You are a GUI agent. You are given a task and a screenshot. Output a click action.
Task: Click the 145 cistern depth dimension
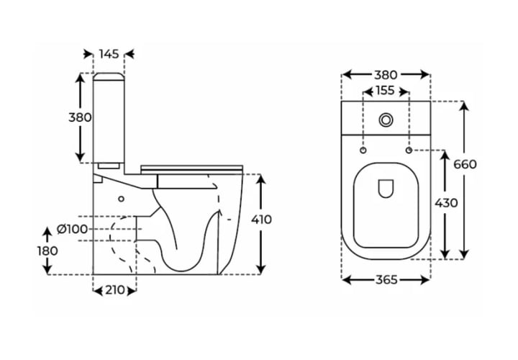tap(109, 53)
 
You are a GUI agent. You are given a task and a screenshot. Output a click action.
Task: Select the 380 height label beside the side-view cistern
tap(80, 117)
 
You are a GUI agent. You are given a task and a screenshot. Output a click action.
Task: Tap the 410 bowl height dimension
tap(261, 220)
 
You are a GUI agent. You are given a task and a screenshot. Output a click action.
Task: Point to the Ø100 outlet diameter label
tap(73, 229)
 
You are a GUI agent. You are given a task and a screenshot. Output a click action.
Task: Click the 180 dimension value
tap(47, 251)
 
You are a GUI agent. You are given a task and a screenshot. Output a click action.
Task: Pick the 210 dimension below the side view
tap(115, 290)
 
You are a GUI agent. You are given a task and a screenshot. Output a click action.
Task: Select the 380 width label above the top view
tap(386, 75)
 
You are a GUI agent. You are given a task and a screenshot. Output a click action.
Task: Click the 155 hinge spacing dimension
tap(386, 90)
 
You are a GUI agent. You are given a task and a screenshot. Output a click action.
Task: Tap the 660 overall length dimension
tap(465, 164)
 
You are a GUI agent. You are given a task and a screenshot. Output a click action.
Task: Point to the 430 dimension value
tap(446, 202)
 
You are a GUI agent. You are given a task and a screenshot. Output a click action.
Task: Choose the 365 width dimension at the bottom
tap(386, 280)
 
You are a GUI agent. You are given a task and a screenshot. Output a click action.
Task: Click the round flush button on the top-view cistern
tap(386, 120)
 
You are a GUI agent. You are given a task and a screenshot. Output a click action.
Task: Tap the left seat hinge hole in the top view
tap(363, 150)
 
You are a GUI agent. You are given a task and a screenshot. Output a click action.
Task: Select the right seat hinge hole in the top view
tap(409, 150)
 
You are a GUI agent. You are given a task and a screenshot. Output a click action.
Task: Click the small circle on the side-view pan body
tap(122, 199)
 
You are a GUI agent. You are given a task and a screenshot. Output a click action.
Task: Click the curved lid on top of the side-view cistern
tap(109, 76)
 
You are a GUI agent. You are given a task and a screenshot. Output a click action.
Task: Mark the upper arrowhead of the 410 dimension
tap(261, 179)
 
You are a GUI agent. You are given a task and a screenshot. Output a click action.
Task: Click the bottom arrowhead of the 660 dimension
tap(464, 253)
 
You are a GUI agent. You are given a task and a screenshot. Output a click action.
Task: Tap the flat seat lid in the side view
tap(191, 168)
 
